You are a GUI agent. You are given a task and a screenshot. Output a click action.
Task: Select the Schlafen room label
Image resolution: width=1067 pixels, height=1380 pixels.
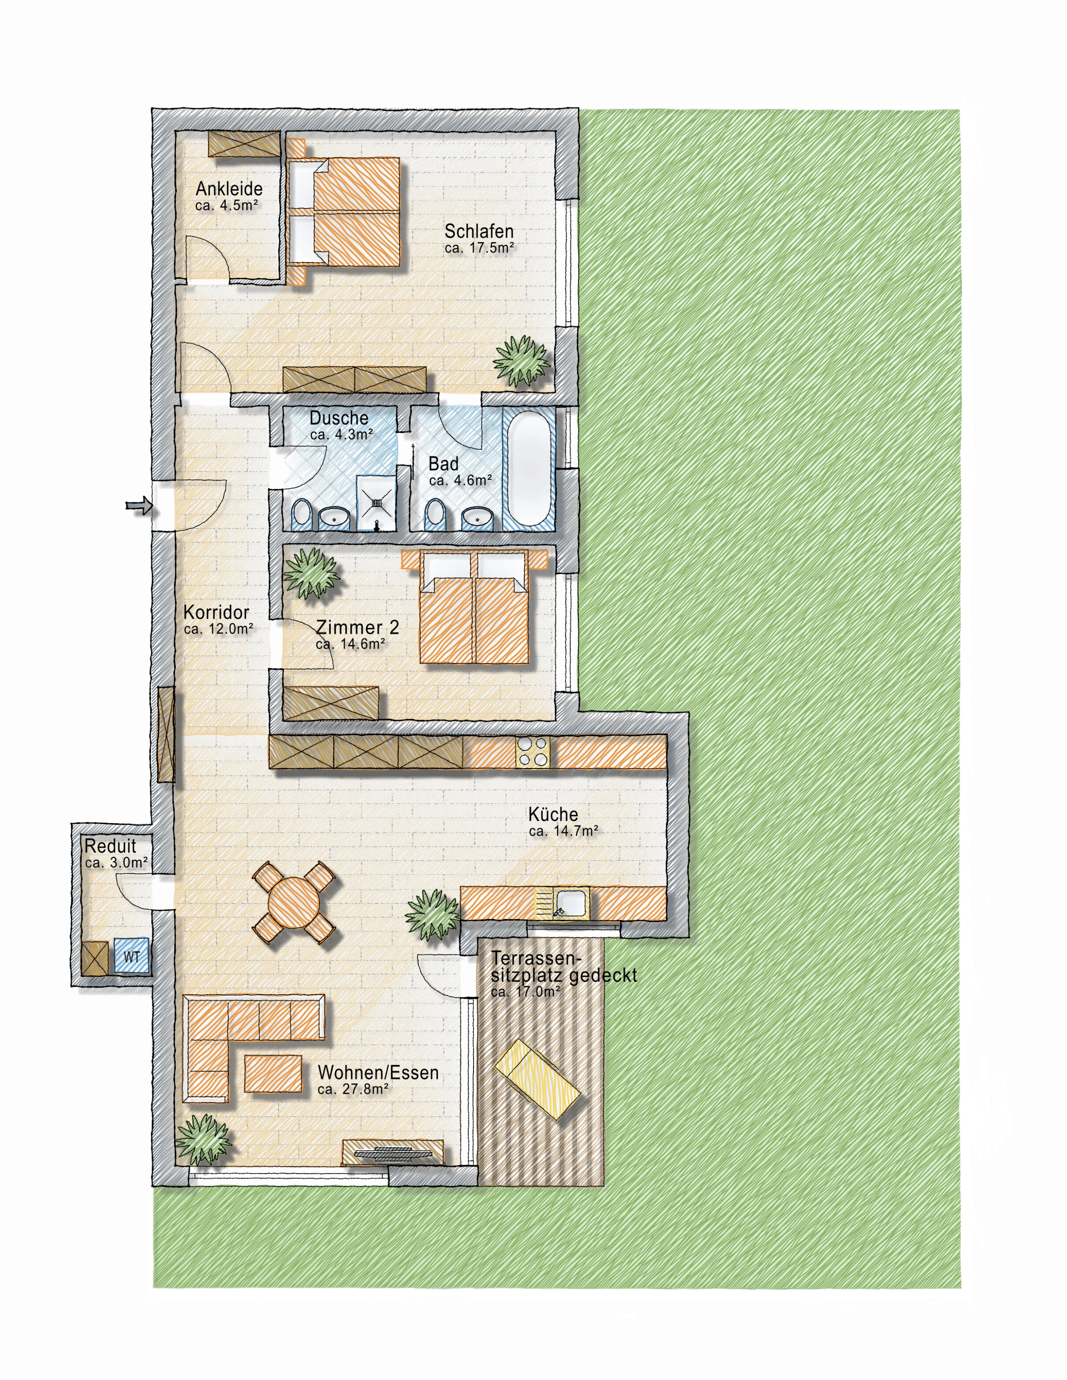coord(479,231)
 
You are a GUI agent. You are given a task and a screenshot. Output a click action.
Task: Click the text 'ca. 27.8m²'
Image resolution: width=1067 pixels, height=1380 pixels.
coord(353,1089)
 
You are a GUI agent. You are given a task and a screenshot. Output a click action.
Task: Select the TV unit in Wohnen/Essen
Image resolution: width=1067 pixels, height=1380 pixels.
coord(393,1152)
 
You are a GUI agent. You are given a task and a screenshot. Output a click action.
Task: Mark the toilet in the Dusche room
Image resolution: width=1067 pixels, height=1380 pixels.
coord(302,515)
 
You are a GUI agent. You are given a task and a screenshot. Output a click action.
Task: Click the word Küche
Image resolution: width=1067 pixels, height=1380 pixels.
coord(553,814)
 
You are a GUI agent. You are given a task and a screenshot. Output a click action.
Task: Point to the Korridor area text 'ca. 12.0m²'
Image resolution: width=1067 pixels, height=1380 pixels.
coord(219,629)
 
